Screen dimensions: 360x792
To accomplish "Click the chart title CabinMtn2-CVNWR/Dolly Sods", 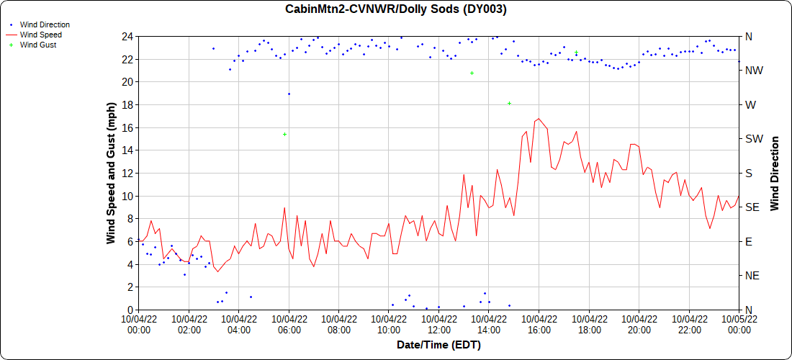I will (x=395, y=9).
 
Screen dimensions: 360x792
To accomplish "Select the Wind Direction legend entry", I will (x=45, y=24).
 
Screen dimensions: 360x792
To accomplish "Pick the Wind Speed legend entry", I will (x=40, y=35).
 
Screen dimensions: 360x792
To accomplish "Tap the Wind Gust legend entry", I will (x=38, y=45).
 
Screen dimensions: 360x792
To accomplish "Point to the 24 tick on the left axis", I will (x=127, y=36).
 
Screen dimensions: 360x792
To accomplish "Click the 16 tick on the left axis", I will (x=127, y=127).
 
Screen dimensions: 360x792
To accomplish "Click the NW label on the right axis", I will (x=754, y=71).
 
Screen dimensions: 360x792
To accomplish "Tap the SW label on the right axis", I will (x=754, y=139).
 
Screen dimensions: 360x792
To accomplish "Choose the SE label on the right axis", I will (x=752, y=207).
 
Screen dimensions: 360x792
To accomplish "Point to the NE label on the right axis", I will (x=752, y=276).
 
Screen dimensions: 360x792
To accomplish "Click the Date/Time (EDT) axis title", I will (x=438, y=345).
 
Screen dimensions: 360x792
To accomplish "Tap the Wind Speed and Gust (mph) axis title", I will (x=112, y=172).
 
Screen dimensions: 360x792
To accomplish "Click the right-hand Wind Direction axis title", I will (x=775, y=173).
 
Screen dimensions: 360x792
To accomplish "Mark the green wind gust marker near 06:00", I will (x=285, y=134).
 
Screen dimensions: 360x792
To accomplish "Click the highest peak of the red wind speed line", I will (x=539, y=118).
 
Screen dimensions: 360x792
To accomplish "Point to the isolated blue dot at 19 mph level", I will (x=289, y=94).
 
